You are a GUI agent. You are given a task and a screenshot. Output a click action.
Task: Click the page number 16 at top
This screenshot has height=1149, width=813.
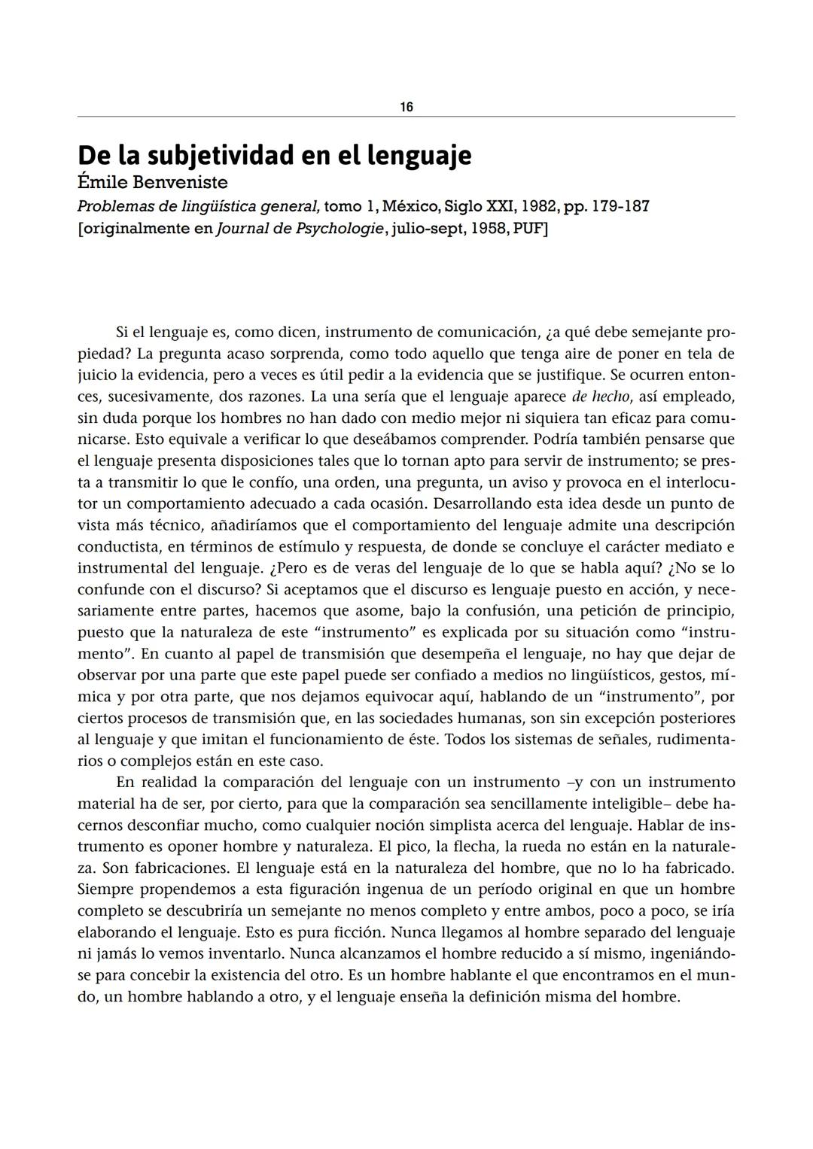(406, 107)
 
